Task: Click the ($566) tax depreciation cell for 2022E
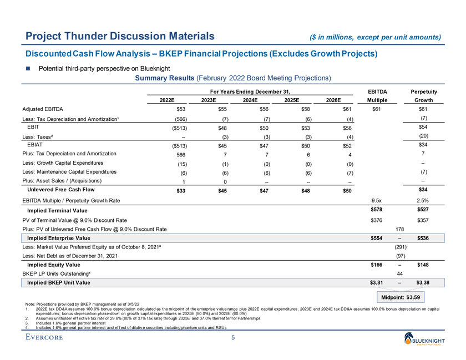tap(180, 120)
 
